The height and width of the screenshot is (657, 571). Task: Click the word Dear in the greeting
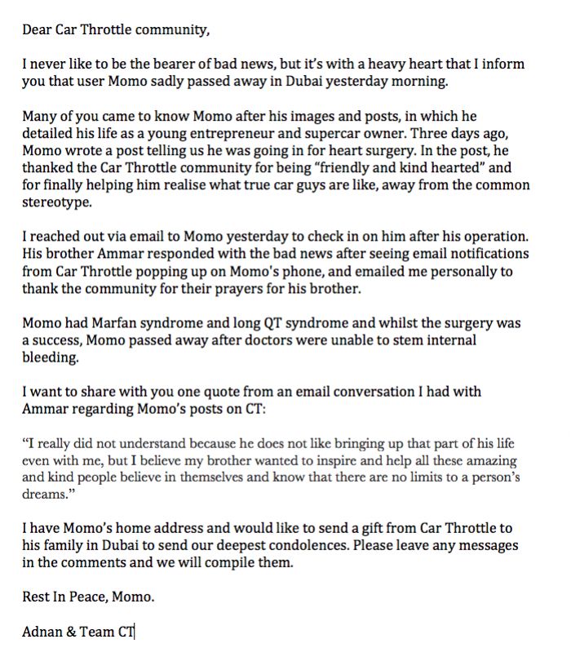click(37, 31)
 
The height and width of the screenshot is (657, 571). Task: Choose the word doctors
click(263, 340)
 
